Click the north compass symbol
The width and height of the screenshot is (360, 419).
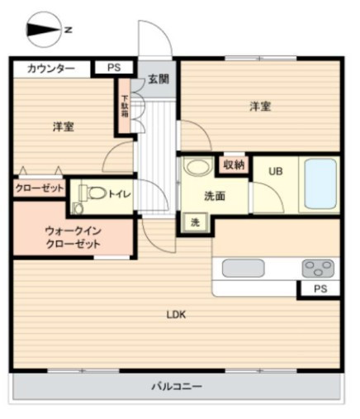pos(44,30)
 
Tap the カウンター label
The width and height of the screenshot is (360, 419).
pos(51,69)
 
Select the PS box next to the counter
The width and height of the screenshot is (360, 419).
pos(114,68)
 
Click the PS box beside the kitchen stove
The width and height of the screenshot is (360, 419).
pos(320,288)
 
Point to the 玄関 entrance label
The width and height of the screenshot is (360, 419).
pos(159,79)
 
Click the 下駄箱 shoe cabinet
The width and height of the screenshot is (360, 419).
pos(125,107)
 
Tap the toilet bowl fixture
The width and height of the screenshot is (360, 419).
pos(93,193)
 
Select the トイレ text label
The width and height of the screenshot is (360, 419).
pos(120,194)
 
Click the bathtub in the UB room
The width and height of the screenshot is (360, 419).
pos(320,183)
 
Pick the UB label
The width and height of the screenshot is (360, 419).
pos(276,171)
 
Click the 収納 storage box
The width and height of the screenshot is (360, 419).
pos(234,165)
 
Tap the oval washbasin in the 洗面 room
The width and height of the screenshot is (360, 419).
pos(197,166)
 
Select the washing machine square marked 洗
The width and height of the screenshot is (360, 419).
pos(196,222)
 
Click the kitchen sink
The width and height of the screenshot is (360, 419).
pos(244,268)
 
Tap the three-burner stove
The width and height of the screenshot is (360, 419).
pos(318,268)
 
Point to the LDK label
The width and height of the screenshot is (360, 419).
pos(176,314)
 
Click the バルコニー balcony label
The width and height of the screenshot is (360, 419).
pos(177,386)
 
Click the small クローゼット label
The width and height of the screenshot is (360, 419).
pos(40,188)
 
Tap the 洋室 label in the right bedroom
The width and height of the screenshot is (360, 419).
pos(260,107)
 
